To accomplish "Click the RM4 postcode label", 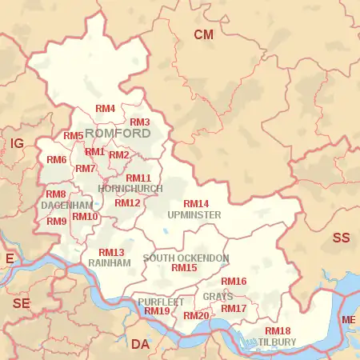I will pos(106,108).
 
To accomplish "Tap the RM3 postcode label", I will pos(140,122).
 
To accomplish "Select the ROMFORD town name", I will pos(118,133).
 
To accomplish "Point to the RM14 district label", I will pos(196,204).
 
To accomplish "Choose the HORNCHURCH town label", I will pos(130,189).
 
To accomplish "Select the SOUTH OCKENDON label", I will pos(186,258).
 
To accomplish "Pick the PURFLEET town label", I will pos(161,302).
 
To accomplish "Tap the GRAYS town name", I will pos(218,296).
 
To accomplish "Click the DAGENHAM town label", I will pos(67,206).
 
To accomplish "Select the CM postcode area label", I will pos(204,34).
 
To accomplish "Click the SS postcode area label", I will pos(342,238).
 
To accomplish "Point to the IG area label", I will pos(17,144).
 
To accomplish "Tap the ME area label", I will pos(349,321).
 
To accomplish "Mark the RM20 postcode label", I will pos(196,316).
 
